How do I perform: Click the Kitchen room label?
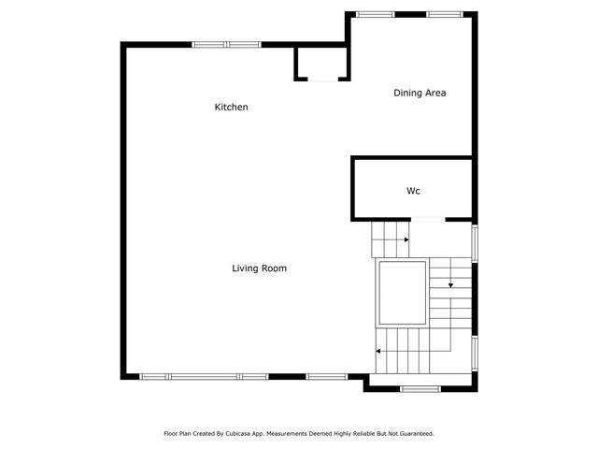click(x=232, y=108)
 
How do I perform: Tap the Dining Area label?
click(x=420, y=93)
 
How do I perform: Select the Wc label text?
click(x=413, y=191)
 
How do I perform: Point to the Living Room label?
click(x=259, y=268)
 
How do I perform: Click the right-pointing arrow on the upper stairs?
click(x=406, y=240)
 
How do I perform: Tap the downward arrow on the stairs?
click(x=450, y=284)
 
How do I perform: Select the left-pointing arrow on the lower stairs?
click(x=378, y=352)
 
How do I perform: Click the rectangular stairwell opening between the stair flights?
click(x=402, y=291)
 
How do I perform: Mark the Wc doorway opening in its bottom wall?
click(x=427, y=220)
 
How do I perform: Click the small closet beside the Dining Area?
click(x=321, y=64)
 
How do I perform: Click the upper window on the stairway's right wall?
click(x=475, y=241)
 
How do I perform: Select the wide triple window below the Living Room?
click(x=204, y=376)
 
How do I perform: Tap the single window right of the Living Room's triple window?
click(x=325, y=376)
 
